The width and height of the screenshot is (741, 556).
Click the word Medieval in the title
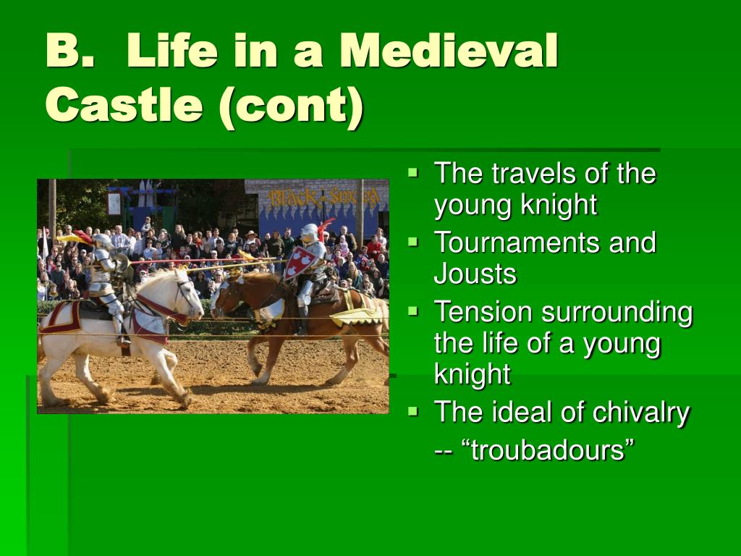pos(449,51)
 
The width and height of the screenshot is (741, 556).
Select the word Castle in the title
pos(124,104)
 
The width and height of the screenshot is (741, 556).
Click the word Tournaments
pos(517,243)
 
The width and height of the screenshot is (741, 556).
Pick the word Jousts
pos(475,274)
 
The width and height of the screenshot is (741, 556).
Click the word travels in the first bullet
pos(533,174)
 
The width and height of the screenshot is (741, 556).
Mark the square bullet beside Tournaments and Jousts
pos(413,242)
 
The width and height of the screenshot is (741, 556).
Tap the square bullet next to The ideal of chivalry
pos(413,411)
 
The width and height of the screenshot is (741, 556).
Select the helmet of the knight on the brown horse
pos(310,232)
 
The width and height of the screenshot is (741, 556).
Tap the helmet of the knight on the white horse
pos(101,242)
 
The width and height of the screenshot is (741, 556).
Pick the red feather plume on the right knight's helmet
pos(325,229)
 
